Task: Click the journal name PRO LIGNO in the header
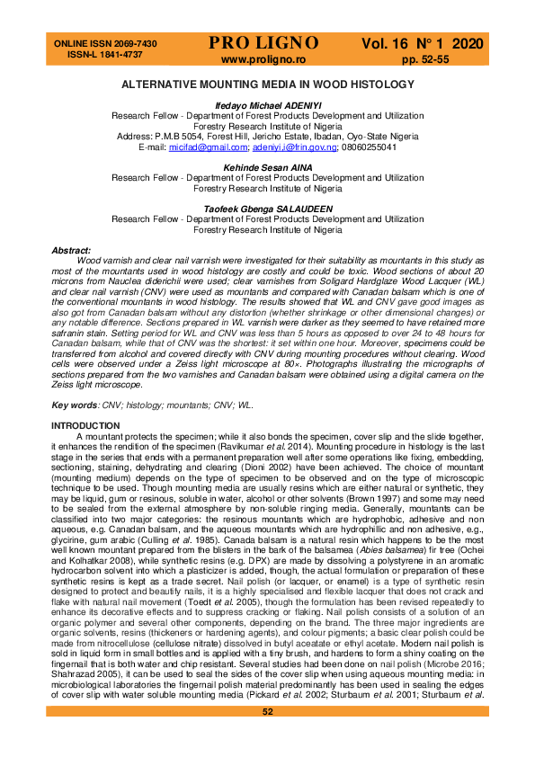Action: (x=263, y=43)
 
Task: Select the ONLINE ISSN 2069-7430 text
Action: (x=105, y=43)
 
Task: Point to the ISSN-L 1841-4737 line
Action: (x=105, y=55)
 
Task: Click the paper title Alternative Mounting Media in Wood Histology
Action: (x=267, y=85)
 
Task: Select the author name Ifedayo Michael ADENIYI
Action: (x=267, y=106)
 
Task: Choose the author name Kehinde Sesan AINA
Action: (x=267, y=168)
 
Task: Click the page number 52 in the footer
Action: (x=267, y=736)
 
